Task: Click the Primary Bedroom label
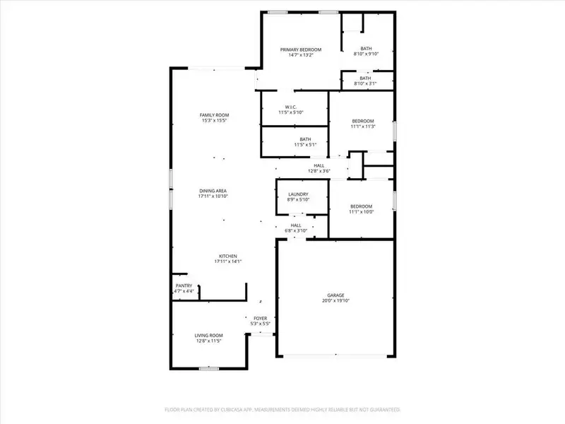301,49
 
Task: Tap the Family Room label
214,115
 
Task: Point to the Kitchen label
227,256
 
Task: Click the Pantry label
184,285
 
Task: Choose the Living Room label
208,336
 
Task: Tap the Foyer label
261,319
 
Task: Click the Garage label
335,295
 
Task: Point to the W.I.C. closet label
290,107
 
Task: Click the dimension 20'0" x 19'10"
335,300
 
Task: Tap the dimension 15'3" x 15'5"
214,121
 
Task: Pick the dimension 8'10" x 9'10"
366,54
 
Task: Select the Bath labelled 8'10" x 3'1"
365,78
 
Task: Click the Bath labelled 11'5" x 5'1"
305,139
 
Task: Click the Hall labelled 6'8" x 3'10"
296,225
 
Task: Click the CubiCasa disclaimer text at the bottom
282,409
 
